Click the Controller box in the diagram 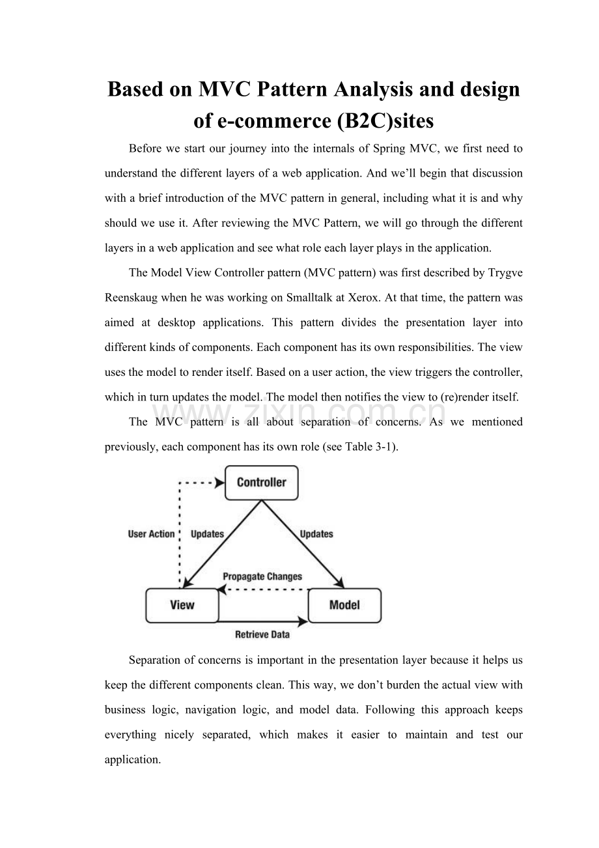pos(261,483)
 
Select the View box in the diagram pos(182,605)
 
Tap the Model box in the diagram pos(344,605)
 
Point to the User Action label pos(151,534)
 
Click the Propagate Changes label pos(262,576)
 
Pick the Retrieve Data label pos(262,634)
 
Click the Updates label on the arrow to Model pos(316,534)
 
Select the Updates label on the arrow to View pos(207,534)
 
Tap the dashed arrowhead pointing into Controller pos(219,483)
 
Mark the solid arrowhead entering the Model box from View pos(303,621)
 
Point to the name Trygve pos(505,273)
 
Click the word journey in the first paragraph pos(225,148)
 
